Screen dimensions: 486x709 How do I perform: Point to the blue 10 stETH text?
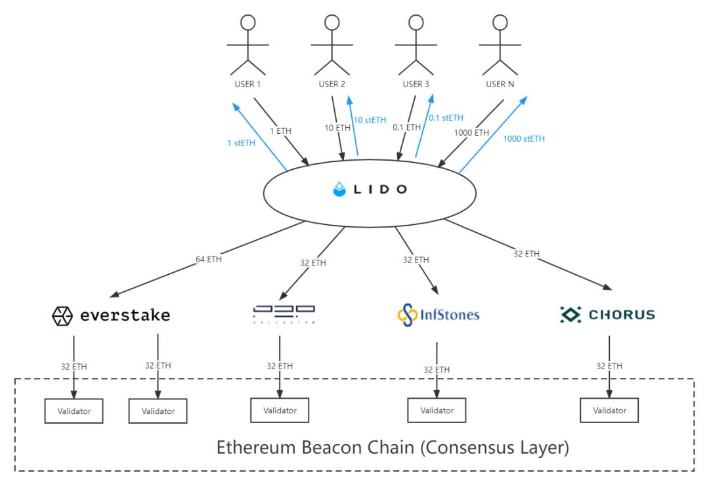point(370,121)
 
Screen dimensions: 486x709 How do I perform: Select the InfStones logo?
point(437,315)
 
